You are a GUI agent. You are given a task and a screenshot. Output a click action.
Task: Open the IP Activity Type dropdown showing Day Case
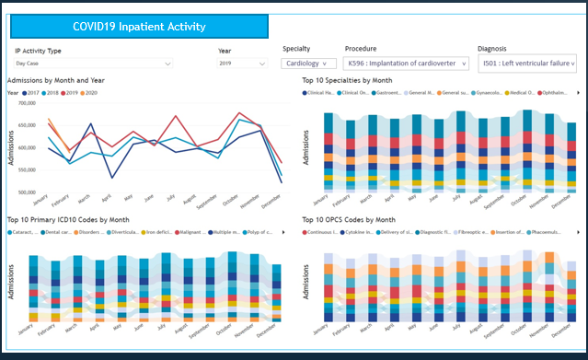(93, 64)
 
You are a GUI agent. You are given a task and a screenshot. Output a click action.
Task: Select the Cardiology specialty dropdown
(309, 64)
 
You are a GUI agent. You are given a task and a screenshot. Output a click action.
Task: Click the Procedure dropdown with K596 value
(406, 64)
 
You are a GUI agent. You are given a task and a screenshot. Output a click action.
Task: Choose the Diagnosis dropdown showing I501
(527, 64)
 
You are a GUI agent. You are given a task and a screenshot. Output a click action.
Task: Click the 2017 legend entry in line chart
(31, 93)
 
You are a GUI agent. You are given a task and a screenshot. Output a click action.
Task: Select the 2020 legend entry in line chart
(89, 93)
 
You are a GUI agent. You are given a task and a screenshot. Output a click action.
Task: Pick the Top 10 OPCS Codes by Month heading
(349, 220)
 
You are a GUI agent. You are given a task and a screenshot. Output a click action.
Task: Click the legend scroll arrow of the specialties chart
(578, 93)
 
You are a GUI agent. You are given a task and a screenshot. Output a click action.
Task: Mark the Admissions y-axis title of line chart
(11, 148)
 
